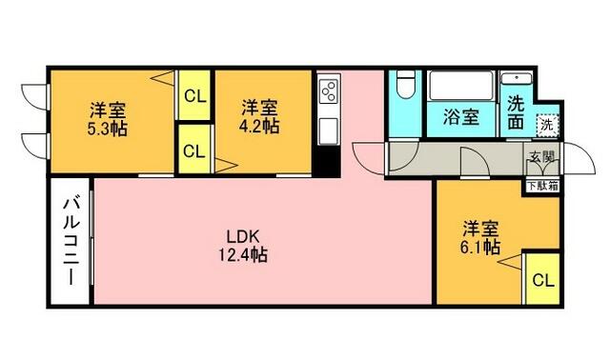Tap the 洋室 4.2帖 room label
coord(258,116)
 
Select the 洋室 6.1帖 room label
coord(481,237)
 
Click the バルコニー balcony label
coord(71,241)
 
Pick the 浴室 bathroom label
coord(461,120)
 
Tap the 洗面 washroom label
coord(516,112)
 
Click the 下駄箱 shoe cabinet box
coord(541,187)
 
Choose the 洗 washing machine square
coord(546,123)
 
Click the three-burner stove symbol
coord(328,92)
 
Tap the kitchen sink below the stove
coord(328,128)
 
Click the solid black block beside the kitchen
coord(328,161)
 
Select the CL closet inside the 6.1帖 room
coord(541,280)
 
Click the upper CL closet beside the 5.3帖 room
coord(193,95)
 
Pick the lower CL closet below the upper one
coord(193,150)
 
